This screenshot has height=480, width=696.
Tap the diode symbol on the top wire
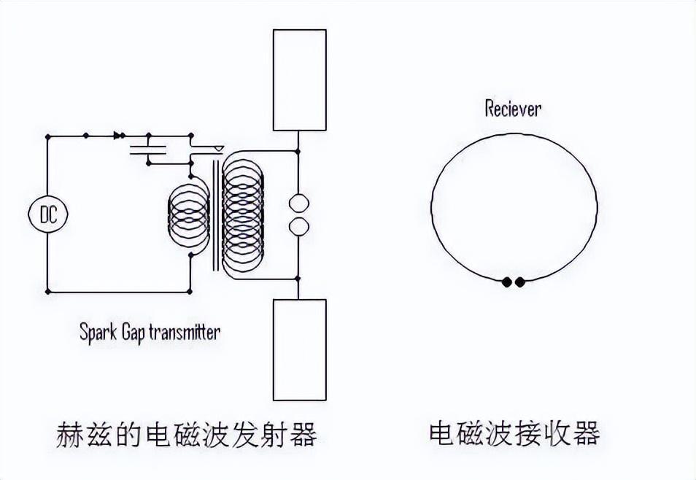117,136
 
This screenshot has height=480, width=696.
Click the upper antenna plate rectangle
299,80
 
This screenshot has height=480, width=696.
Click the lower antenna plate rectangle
299,349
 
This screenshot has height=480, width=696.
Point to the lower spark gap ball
298,228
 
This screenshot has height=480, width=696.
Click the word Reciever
514,109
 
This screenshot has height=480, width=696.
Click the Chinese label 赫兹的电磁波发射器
187,435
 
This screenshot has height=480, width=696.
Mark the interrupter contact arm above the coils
208,150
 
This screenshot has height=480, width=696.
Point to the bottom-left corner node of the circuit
48,291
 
